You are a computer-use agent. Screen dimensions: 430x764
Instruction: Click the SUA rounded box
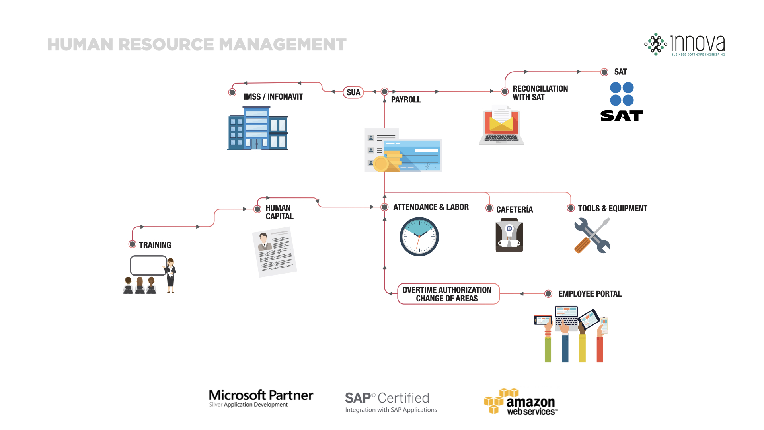[353, 92]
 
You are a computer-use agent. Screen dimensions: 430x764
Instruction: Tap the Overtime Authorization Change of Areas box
[448, 294]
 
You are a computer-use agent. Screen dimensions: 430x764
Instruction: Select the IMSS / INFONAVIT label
[273, 97]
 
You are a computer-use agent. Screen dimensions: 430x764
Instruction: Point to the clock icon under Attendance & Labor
[419, 236]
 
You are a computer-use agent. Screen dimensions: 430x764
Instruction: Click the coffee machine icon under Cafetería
[509, 235]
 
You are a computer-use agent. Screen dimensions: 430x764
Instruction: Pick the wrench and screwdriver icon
[592, 235]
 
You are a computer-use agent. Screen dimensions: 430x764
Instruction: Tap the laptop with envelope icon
[501, 125]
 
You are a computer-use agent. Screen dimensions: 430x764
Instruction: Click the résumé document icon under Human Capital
[275, 252]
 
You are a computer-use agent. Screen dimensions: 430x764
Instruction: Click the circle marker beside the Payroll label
[384, 92]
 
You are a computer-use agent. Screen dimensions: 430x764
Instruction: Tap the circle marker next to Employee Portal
[548, 294]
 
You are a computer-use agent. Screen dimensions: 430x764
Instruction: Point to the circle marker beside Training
[133, 244]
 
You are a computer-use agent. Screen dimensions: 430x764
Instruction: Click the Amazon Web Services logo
[521, 402]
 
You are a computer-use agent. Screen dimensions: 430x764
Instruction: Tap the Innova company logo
[685, 44]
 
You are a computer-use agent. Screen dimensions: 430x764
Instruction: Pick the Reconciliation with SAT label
[540, 93]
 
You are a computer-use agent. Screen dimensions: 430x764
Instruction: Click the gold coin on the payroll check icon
[381, 164]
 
